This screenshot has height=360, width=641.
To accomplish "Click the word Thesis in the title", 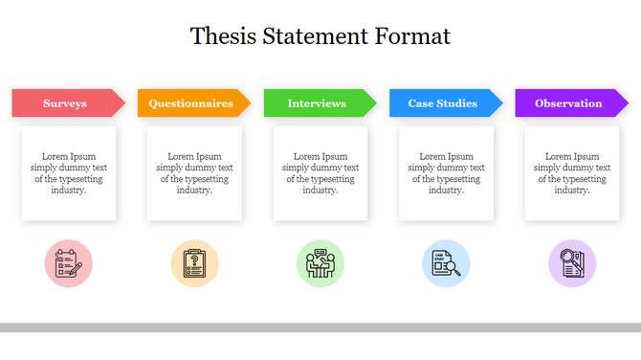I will (x=216, y=36).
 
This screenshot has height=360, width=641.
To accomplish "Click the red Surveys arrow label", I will (x=65, y=103).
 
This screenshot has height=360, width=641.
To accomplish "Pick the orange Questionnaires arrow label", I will (x=190, y=103).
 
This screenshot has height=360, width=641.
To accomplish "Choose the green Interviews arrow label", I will (x=317, y=103).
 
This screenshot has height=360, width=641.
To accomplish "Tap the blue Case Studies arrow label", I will (x=442, y=103).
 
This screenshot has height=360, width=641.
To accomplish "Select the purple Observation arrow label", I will (x=568, y=103).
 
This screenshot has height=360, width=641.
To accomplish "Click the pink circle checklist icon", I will (x=69, y=263).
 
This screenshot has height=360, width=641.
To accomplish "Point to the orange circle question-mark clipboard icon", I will (x=194, y=263).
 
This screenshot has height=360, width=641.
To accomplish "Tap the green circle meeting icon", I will (x=320, y=263).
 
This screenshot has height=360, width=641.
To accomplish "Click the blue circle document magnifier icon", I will (x=446, y=263).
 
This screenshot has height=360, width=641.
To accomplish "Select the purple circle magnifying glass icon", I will (x=572, y=263).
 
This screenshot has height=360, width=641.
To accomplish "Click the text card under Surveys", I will (x=69, y=173).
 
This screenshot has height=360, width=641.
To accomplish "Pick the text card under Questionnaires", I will (x=194, y=173).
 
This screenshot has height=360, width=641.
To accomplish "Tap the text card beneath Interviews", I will (x=320, y=173).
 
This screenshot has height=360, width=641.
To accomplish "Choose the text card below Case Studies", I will (x=446, y=173).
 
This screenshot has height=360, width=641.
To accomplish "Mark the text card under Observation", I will (x=572, y=173).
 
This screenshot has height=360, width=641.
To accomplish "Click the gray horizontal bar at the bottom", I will (x=320, y=327).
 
